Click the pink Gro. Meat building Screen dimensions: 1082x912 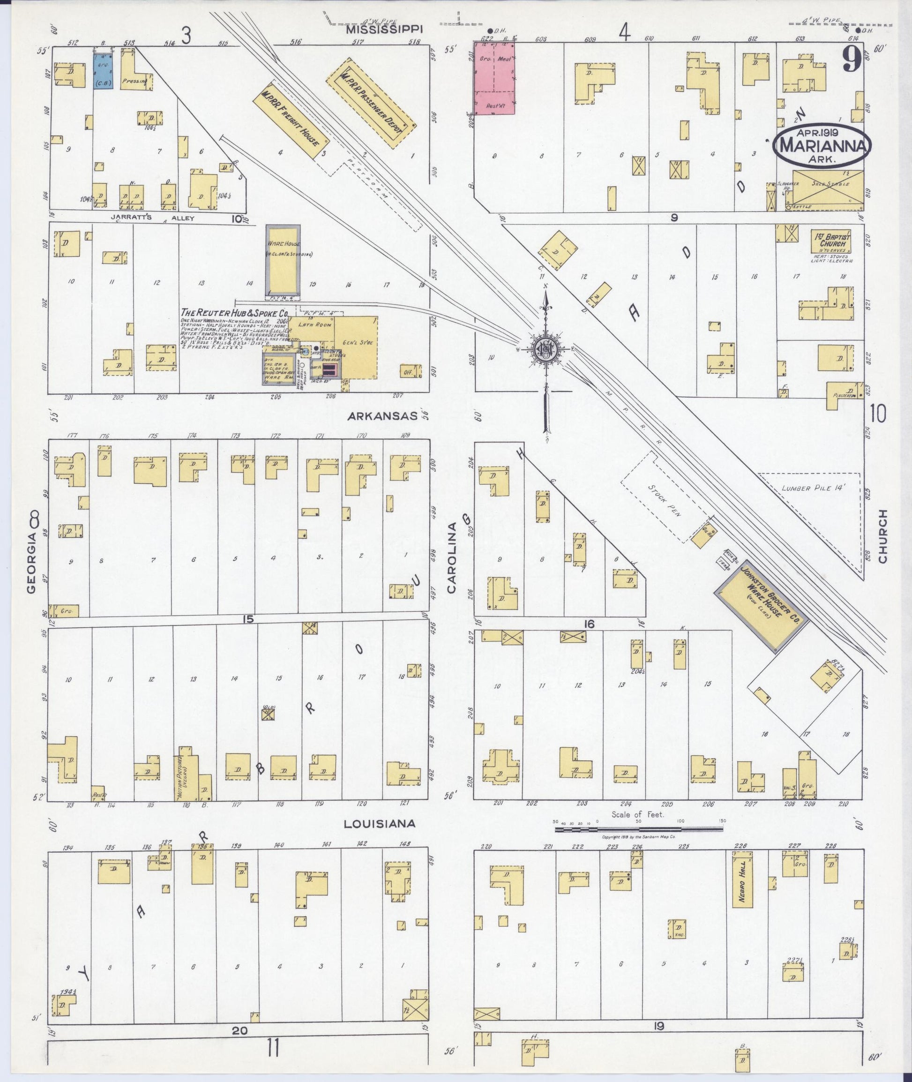(494, 77)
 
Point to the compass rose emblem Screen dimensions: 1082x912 (546, 349)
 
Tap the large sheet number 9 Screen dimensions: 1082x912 (851, 61)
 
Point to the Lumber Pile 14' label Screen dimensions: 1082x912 (813, 488)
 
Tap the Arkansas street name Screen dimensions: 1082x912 (382, 416)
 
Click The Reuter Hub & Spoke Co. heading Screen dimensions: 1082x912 (234, 313)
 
